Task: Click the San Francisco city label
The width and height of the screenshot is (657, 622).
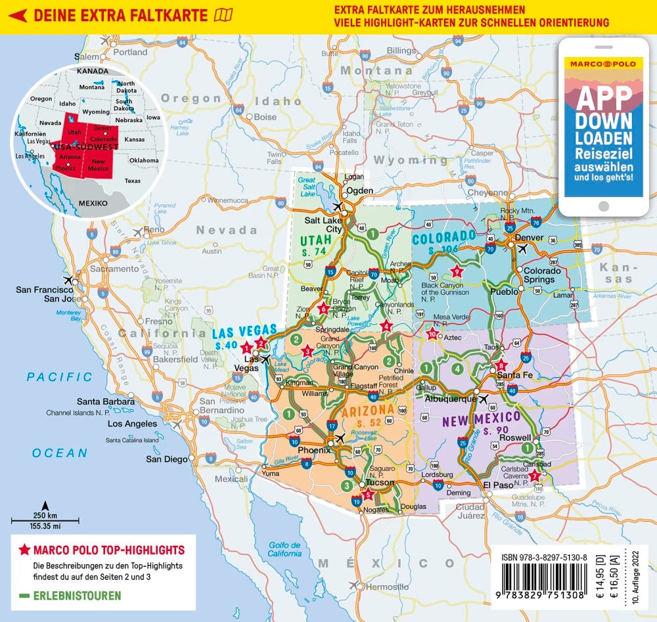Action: click(x=45, y=290)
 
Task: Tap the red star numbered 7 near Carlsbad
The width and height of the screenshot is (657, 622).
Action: click(x=535, y=476)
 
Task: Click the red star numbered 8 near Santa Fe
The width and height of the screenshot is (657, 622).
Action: click(x=501, y=366)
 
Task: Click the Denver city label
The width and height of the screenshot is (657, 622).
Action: click(x=530, y=237)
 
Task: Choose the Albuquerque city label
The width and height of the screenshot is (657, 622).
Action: click(x=451, y=399)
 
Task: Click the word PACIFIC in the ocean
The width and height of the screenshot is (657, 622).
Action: click(x=60, y=377)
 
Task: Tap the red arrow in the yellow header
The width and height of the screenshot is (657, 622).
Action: click(x=20, y=16)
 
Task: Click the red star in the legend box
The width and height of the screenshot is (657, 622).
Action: click(x=24, y=550)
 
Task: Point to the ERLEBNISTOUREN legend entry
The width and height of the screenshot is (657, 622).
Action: click(x=78, y=596)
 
